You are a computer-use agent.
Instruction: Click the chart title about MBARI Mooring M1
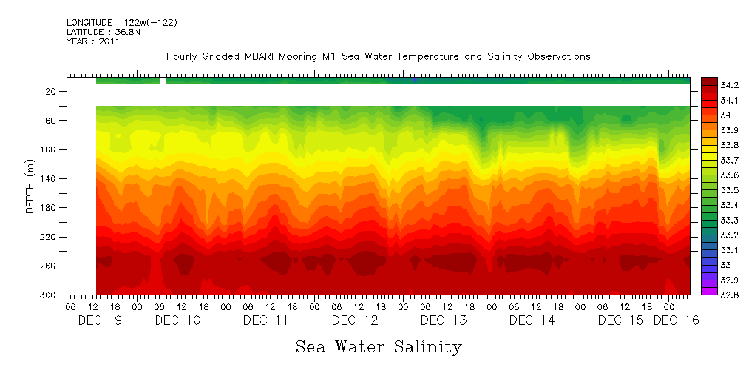pos(378,56)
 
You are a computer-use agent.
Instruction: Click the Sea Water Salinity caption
pos(379,346)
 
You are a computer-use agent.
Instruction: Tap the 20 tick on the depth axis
pos(52,91)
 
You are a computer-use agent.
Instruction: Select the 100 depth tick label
pos(50,149)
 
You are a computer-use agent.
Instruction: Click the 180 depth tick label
pos(50,208)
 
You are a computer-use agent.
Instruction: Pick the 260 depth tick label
pos(50,266)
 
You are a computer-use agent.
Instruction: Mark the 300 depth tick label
pos(50,295)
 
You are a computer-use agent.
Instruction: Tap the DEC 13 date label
pos(444,320)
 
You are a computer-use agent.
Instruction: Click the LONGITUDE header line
pos(121,23)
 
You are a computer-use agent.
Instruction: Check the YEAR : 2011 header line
pos(92,41)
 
